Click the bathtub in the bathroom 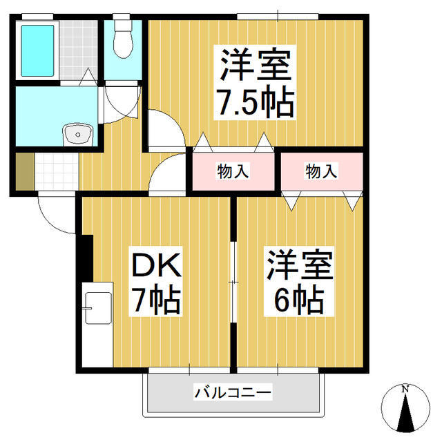coord(37,50)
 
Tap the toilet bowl coord(123,39)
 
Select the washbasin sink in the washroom coord(78,135)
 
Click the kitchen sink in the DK coord(98,308)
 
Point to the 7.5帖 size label coord(255,102)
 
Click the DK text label coord(156,265)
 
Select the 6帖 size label coord(299,300)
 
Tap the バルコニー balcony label coord(233,392)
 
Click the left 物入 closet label coord(233,171)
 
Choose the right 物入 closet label coord(321,171)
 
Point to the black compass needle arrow coord(405,412)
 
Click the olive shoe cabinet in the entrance coord(25,171)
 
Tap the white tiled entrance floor coord(57,171)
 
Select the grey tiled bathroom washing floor coord(78,50)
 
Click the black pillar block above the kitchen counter coord(87,258)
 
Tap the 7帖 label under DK coord(156,300)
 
